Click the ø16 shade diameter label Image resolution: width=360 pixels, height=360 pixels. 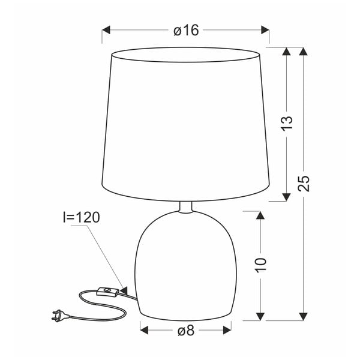[185, 30]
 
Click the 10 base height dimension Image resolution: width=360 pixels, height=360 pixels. [260, 264]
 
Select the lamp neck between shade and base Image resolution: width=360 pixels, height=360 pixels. [185, 207]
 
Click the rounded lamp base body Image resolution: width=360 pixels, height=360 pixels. [185, 264]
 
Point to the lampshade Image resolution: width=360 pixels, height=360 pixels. [185, 123]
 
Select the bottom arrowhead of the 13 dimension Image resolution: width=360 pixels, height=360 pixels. [287, 196]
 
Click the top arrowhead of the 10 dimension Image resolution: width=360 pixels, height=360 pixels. [260, 215]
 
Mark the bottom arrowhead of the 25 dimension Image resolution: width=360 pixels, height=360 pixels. [304, 314]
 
